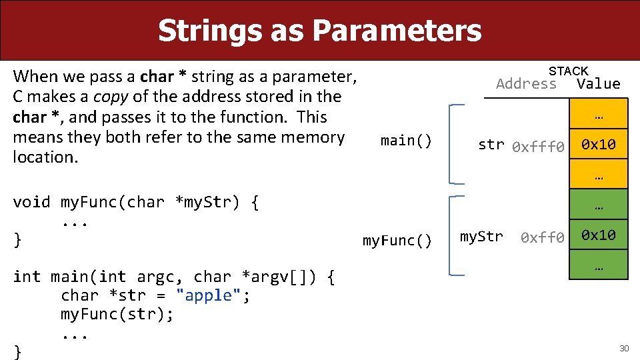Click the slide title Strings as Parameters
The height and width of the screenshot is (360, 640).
click(319, 31)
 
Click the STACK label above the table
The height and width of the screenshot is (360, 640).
click(568, 71)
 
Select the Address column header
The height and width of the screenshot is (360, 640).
click(526, 84)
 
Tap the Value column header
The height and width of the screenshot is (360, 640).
click(598, 84)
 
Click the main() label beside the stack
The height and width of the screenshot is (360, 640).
click(406, 141)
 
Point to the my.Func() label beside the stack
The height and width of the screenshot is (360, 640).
click(397, 241)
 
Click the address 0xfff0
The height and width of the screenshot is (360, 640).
click(538, 147)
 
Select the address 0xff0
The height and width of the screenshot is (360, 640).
click(542, 237)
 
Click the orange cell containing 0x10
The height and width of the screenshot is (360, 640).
click(598, 145)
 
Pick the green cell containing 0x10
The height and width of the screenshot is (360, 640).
click(598, 235)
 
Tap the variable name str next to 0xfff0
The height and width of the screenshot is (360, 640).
click(491, 145)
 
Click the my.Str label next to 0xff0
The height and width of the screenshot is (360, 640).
click(481, 236)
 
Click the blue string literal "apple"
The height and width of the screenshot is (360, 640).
click(209, 295)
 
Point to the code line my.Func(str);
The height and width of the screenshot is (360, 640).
click(117, 314)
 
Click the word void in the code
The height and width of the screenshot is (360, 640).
click(31, 202)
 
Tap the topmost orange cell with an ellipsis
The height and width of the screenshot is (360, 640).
click(598, 114)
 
